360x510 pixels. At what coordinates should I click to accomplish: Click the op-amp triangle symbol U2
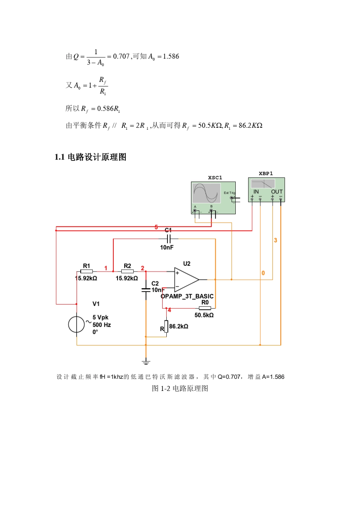pyautogui.click(x=186, y=280)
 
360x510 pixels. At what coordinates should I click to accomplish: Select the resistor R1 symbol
pyautogui.click(x=86, y=271)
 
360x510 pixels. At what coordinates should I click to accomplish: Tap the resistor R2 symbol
pyautogui.click(x=127, y=271)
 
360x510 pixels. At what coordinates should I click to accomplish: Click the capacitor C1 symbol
pyautogui.click(x=169, y=239)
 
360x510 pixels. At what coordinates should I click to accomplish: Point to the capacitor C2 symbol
pyautogui.click(x=146, y=290)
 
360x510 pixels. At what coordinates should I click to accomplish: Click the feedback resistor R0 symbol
pyautogui.click(x=205, y=308)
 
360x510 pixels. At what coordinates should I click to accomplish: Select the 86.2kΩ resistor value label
pyautogui.click(x=178, y=326)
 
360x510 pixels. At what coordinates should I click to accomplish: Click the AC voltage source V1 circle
pyautogui.click(x=77, y=325)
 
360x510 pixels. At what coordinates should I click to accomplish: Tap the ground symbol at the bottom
pyautogui.click(x=146, y=362)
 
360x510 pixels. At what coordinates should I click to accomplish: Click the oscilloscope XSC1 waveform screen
pyautogui.click(x=207, y=193)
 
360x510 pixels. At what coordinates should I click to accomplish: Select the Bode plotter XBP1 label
pyautogui.click(x=266, y=174)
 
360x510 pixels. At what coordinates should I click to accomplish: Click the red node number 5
pyautogui.click(x=156, y=227)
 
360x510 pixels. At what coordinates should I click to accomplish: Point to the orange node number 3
pyautogui.click(x=275, y=240)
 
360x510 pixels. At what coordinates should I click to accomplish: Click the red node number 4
pyautogui.click(x=169, y=310)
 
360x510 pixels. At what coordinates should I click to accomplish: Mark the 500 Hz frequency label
pyautogui.click(x=102, y=325)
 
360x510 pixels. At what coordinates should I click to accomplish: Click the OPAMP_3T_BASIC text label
pyautogui.click(x=187, y=296)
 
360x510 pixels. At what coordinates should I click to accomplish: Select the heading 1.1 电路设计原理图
pyautogui.click(x=91, y=157)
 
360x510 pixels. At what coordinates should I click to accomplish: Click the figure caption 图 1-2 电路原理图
pyautogui.click(x=180, y=388)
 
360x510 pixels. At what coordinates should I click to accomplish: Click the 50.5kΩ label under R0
pyautogui.click(x=204, y=315)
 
